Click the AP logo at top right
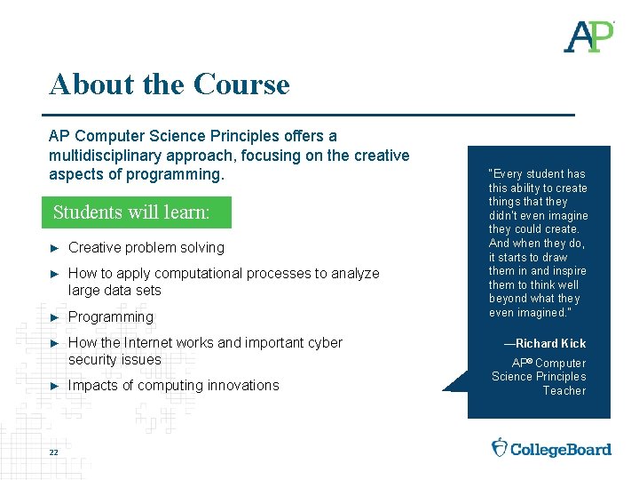[x=589, y=36]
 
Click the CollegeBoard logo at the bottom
[x=551, y=448]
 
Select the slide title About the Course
[x=170, y=84]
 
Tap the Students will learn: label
[x=131, y=212]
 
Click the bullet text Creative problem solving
[x=146, y=248]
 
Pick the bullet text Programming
[x=111, y=317]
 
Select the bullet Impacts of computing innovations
[x=174, y=386]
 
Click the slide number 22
[x=54, y=452]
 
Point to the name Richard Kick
[x=550, y=343]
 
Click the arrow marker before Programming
[x=55, y=317]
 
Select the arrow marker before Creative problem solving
[x=55, y=248]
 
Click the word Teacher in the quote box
[x=564, y=391]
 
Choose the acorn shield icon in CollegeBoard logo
[x=500, y=447]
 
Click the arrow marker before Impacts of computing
[x=55, y=386]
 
